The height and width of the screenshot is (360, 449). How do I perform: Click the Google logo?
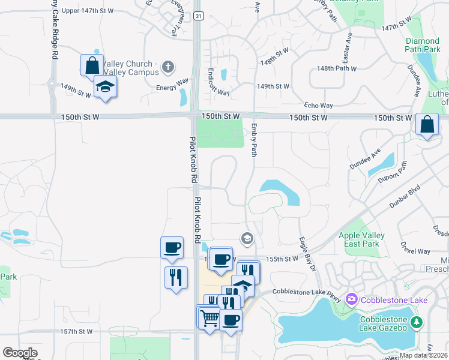click(x=20, y=353)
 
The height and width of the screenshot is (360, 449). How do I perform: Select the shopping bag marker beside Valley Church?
click(x=92, y=65)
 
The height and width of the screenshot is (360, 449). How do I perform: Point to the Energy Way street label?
click(x=172, y=88)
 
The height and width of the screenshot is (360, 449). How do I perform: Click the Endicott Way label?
click(x=218, y=82)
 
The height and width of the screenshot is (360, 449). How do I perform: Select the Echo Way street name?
click(x=318, y=105)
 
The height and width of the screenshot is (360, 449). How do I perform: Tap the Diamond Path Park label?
click(x=422, y=45)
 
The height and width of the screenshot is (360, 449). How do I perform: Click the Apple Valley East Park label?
click(x=359, y=240)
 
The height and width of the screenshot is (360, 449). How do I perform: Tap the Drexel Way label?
click(x=416, y=251)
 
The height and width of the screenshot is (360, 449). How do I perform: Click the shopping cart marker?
click(x=209, y=317)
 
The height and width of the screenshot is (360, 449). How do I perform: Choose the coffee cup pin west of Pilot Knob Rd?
click(x=172, y=247)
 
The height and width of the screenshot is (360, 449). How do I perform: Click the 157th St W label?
click(x=76, y=331)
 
